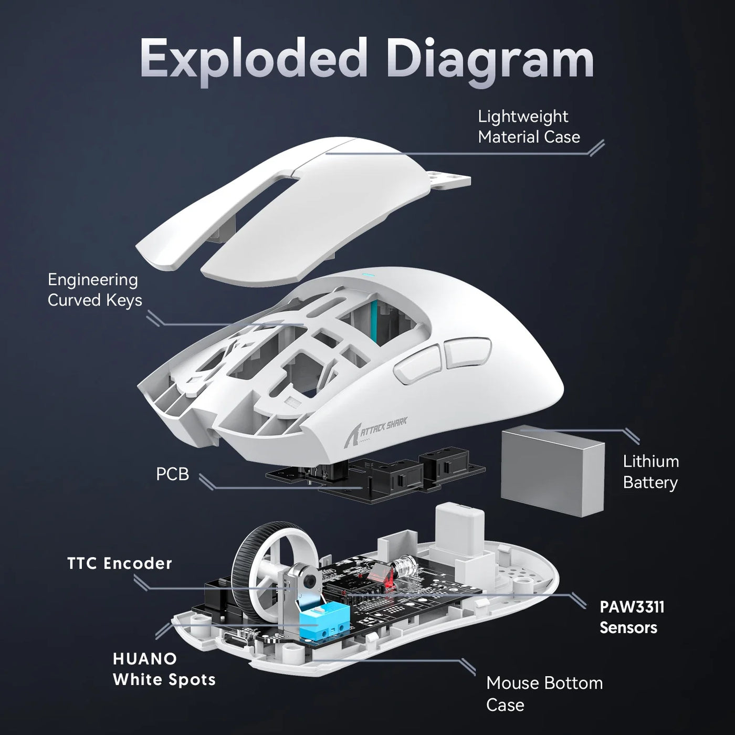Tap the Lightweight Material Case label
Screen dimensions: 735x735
coord(529,127)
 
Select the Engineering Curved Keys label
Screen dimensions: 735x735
coord(94,290)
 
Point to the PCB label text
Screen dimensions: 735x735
coord(172,474)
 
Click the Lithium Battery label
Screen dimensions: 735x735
coord(650,472)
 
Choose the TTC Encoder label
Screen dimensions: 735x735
coord(120,563)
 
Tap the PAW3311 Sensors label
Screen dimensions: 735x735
coord(632,617)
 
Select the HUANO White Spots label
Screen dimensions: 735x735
coord(164,669)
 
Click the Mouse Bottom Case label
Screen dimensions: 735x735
coord(544,694)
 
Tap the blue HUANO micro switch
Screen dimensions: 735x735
coord(322,621)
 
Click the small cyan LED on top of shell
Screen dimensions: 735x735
coord(366,274)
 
